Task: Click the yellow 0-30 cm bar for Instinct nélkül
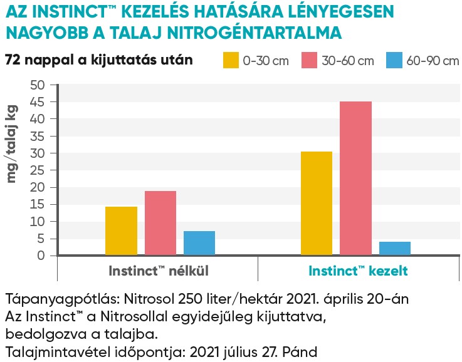pyautogui.click(x=121, y=230)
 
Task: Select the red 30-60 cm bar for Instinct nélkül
pyautogui.click(x=160, y=223)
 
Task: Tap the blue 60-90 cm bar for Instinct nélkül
pyautogui.click(x=199, y=243)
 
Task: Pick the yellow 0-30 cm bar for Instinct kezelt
pyautogui.click(x=317, y=203)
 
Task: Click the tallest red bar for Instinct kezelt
pyautogui.click(x=355, y=178)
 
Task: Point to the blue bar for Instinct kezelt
pyautogui.click(x=395, y=248)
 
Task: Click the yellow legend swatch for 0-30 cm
pyautogui.click(x=231, y=60)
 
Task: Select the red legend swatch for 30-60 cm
pyautogui.click(x=310, y=60)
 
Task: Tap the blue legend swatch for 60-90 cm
pyautogui.click(x=393, y=60)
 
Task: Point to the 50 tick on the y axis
pyautogui.click(x=38, y=85)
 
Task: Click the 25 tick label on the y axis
pyautogui.click(x=38, y=170)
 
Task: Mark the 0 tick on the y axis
pyautogui.click(x=42, y=256)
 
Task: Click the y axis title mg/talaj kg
pyautogui.click(x=12, y=143)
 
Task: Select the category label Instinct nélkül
pyautogui.click(x=158, y=271)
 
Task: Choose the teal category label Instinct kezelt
pyautogui.click(x=358, y=271)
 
